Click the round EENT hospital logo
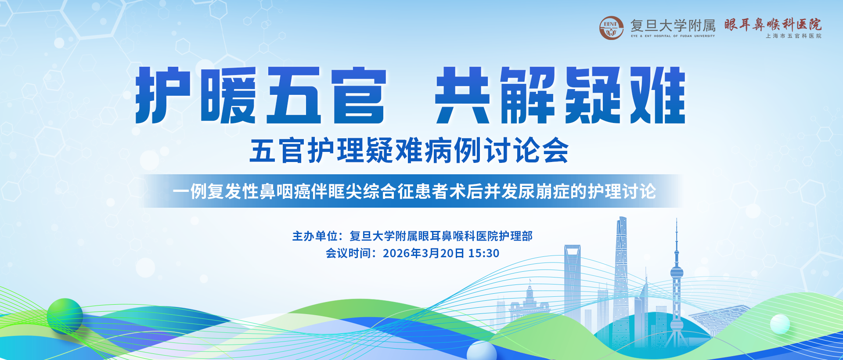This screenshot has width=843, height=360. click(x=611, y=28)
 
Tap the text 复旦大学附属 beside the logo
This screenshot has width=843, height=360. click(x=673, y=25)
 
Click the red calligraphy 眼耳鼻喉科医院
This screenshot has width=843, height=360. click(x=773, y=25)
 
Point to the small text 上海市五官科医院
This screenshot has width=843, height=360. click(x=793, y=36)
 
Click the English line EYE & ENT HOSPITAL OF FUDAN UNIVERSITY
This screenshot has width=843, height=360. click(x=673, y=36)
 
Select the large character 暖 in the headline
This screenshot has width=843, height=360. click(x=228, y=95)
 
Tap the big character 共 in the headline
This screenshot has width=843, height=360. click(x=463, y=95)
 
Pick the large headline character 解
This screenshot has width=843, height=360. click(x=528, y=95)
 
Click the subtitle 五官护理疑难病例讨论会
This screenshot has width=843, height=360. click(x=409, y=150)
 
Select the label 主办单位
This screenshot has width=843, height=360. click(x=315, y=236)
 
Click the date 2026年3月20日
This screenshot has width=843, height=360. click(x=423, y=253)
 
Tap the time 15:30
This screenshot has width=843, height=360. click(x=483, y=253)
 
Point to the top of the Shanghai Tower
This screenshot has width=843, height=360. click(x=622, y=218)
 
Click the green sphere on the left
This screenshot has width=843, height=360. click(x=65, y=315)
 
